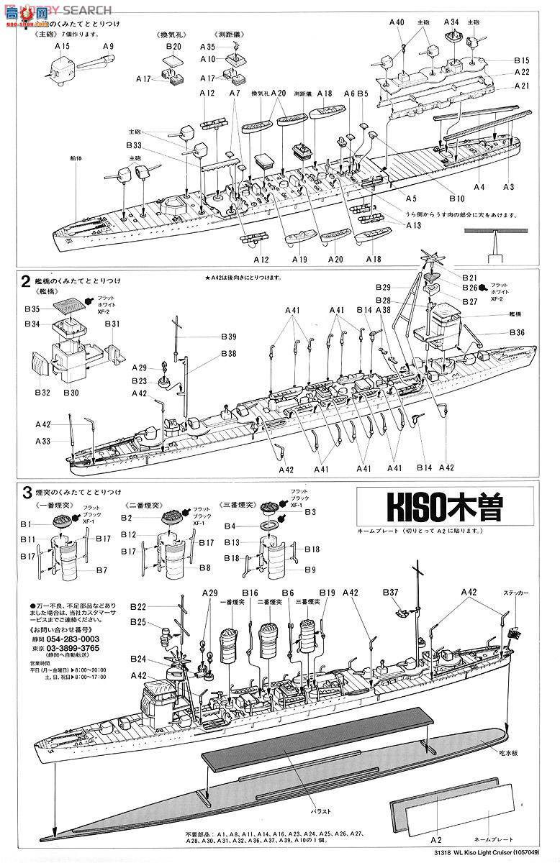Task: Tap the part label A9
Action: coord(108,46)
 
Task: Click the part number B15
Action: coord(521,60)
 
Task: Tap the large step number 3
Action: coord(27,493)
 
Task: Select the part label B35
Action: coord(31,309)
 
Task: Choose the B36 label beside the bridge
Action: coord(517,332)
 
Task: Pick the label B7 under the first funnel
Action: coord(101,570)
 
